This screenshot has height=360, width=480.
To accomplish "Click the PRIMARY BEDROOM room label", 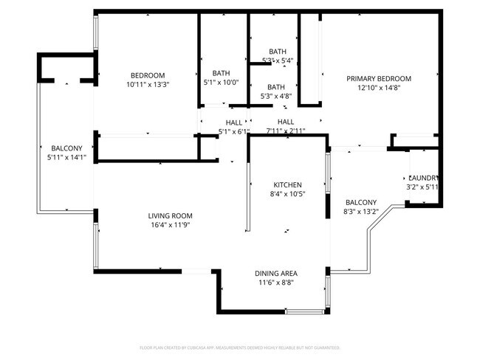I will (379, 78).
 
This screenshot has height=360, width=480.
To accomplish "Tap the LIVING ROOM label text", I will (170, 215).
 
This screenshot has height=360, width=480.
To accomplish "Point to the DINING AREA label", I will (277, 273).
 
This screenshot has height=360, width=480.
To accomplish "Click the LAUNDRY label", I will (424, 178).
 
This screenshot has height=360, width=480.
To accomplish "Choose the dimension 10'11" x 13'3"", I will (148, 84).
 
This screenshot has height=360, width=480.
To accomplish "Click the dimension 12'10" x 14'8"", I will (379, 88).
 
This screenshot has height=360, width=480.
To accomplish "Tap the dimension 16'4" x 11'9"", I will (170, 225).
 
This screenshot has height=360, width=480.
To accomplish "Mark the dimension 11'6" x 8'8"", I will (277, 283).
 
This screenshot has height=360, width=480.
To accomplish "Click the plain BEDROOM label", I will (148, 75).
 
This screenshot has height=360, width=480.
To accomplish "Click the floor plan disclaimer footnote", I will (239, 347).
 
